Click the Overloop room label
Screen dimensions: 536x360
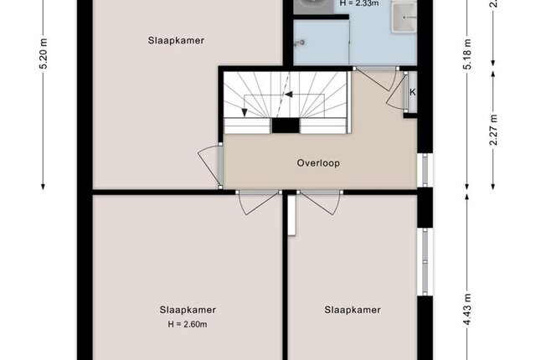[318, 163]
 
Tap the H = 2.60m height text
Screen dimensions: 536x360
[188, 325]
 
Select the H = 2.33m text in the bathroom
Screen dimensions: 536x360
[359, 3]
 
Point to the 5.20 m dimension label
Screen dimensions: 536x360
[44, 54]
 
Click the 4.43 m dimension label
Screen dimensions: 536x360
[467, 310]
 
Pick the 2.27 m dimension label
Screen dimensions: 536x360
[493, 130]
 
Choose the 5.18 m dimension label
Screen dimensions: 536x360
[467, 54]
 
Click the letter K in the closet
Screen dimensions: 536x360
[413, 92]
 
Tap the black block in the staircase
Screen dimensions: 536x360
[286, 126]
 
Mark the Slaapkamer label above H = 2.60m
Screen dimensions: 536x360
[188, 310]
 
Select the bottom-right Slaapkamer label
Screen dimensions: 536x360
[353, 310]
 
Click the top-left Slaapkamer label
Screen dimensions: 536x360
[176, 40]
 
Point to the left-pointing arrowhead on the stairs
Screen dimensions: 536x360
[289, 95]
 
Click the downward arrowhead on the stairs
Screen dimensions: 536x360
[244, 113]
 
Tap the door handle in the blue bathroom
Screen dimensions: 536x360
[300, 43]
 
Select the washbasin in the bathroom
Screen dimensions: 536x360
[404, 17]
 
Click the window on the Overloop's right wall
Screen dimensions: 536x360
[425, 170]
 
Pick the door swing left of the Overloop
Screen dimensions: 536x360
[209, 166]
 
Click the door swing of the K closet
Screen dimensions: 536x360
[397, 91]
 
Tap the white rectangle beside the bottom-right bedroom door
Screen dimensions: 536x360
[291, 215]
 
